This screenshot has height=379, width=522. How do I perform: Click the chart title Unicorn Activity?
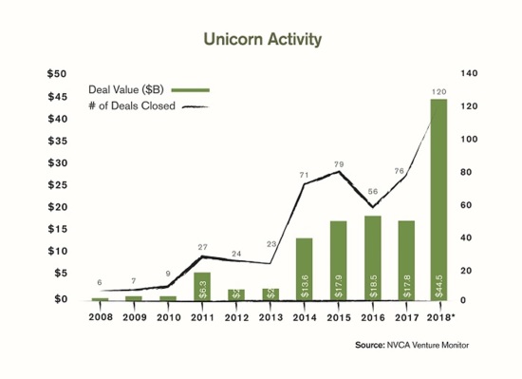[261, 40]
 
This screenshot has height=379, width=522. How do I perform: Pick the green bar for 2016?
[372, 257]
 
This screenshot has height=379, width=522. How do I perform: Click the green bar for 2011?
[201, 286]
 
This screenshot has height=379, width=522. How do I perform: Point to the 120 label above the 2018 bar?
[439, 91]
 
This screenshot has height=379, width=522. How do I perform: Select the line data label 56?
[372, 191]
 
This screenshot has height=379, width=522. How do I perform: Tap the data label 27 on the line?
[201, 247]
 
